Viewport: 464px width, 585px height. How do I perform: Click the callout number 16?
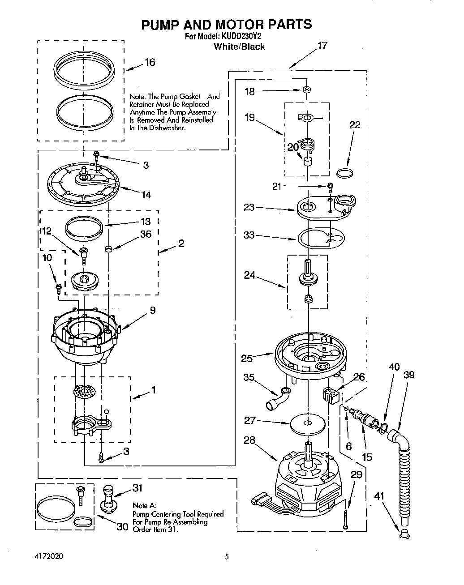[x=150, y=62]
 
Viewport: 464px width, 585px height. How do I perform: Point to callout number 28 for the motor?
[x=249, y=440]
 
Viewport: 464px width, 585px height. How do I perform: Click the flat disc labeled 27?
[x=307, y=423]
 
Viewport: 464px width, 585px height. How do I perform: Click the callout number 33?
[x=249, y=235]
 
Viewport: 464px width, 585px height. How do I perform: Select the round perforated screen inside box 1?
[x=85, y=391]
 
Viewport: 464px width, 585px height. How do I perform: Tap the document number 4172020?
[x=48, y=557]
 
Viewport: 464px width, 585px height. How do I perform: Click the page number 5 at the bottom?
[x=227, y=557]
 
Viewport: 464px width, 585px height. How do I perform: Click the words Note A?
[x=143, y=505]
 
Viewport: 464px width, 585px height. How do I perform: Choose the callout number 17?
[x=322, y=46]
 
